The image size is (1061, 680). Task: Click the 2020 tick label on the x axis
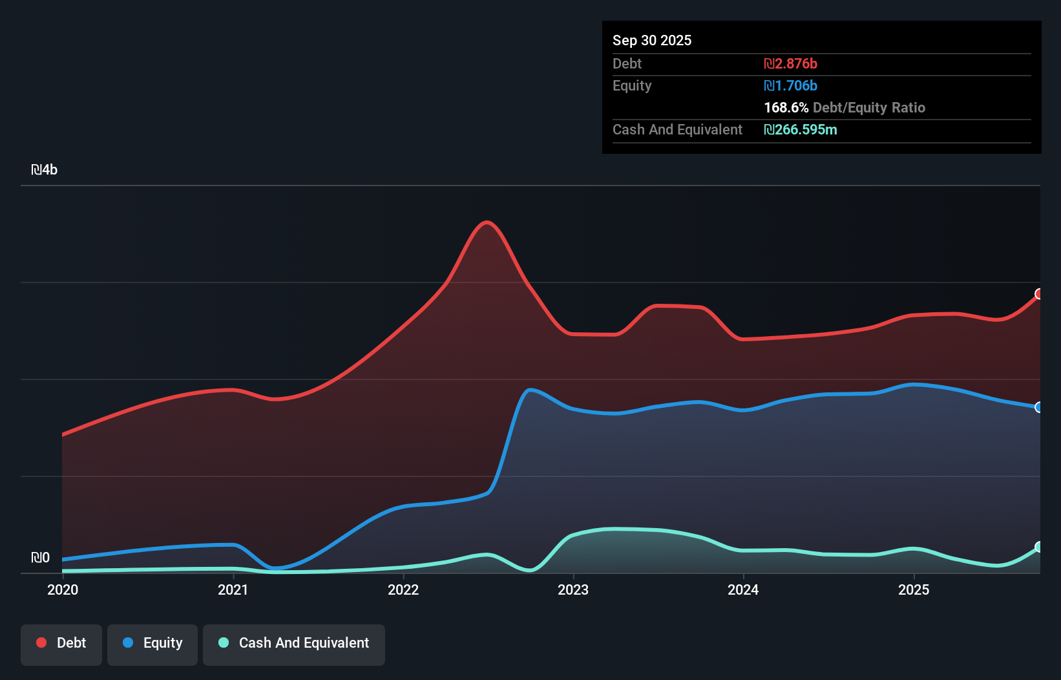click(63, 590)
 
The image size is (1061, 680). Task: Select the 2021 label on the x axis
click(233, 590)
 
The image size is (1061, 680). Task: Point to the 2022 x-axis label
click(403, 590)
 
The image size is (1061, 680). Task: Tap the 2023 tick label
click(573, 590)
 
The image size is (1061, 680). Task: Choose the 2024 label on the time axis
click(743, 590)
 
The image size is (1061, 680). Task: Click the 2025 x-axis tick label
click(914, 590)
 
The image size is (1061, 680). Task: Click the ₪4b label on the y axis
click(45, 170)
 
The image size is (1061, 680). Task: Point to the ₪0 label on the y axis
click(40, 557)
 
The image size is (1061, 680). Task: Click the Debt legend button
click(61, 643)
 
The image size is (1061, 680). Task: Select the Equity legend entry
click(152, 643)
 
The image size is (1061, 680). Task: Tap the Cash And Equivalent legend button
click(294, 643)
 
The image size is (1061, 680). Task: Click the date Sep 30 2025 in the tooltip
click(652, 40)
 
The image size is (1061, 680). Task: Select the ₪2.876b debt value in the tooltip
click(790, 63)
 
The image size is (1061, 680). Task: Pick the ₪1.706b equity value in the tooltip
click(790, 85)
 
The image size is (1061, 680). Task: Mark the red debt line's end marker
click(1039, 294)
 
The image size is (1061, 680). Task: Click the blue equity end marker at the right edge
click(1039, 407)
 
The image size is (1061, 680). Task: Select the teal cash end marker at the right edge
click(1039, 547)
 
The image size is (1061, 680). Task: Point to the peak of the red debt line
click(487, 223)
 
